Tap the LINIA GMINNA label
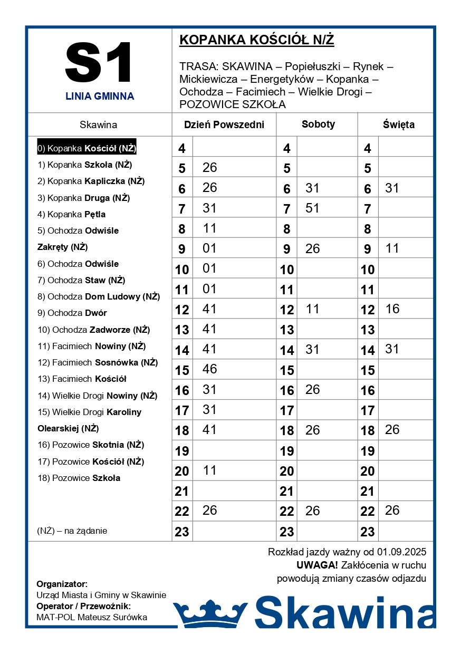click(100, 97)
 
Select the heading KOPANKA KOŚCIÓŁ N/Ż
click(256, 40)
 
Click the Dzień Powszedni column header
click(224, 125)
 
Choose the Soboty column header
click(318, 124)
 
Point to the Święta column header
click(398, 125)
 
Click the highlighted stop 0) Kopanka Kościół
click(87, 148)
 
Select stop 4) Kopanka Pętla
click(72, 214)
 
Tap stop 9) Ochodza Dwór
click(72, 313)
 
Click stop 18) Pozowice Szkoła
click(79, 478)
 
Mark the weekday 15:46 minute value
click(210, 369)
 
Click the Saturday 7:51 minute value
click(312, 208)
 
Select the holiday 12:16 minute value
click(392, 309)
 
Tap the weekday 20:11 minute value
click(210, 470)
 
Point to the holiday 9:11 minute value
click(392, 248)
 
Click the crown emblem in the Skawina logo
click(210, 613)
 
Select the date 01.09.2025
click(401, 552)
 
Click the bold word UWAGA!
click(317, 565)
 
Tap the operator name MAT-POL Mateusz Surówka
click(92, 617)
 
